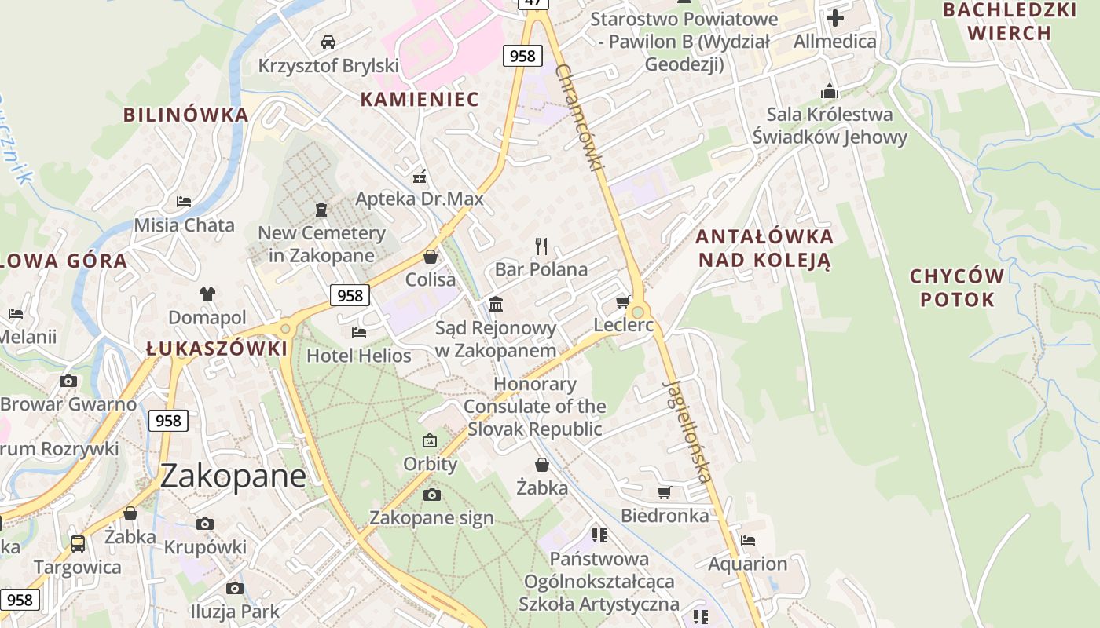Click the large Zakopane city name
point(233,476)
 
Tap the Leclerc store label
point(624,324)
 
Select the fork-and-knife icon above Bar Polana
point(541,246)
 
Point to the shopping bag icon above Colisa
point(431,257)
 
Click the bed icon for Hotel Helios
point(359,333)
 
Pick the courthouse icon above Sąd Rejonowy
point(496,304)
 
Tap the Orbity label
point(430,464)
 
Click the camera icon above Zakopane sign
point(431,495)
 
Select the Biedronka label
point(665,516)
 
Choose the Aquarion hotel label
point(747,564)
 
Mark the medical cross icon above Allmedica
point(835,18)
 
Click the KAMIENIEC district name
point(420,99)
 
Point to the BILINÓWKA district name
point(185,115)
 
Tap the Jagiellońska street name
point(688,431)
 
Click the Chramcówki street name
point(580,118)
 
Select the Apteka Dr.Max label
point(420,199)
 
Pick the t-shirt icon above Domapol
point(207,294)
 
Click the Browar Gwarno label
point(68,405)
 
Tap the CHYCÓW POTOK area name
point(957,287)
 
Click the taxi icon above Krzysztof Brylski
point(328,42)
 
